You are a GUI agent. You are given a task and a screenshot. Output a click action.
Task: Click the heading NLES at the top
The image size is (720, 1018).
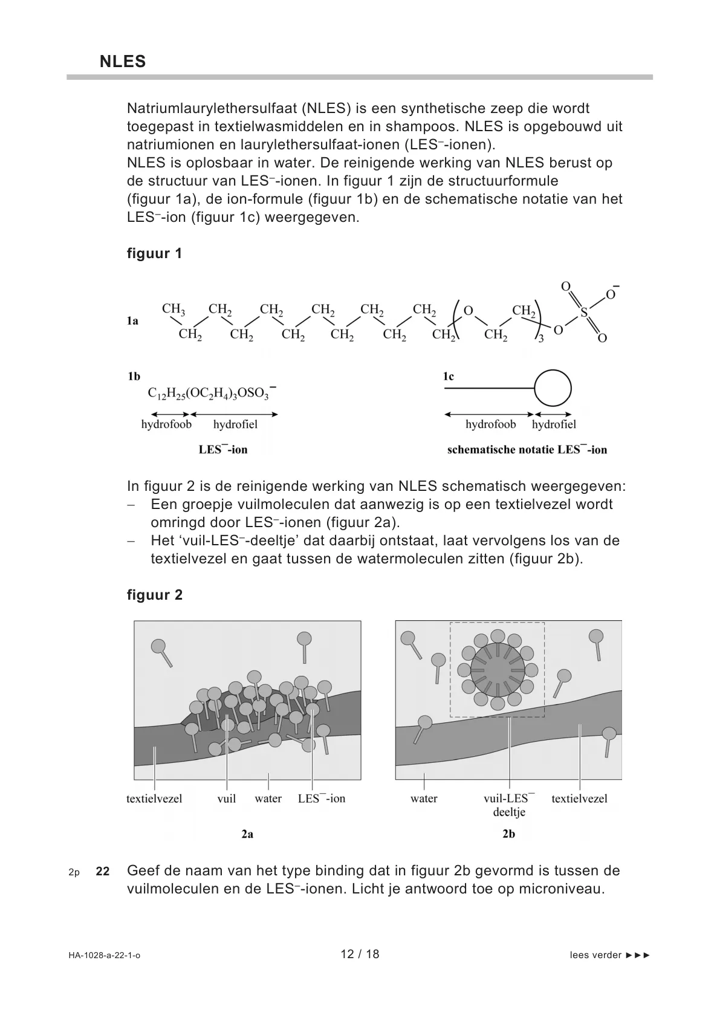click(123, 61)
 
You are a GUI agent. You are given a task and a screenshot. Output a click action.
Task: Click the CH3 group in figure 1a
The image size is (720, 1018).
click(173, 309)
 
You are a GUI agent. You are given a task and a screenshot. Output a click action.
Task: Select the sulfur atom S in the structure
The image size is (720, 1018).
click(584, 313)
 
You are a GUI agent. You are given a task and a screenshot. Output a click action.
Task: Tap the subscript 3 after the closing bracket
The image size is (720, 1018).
click(541, 340)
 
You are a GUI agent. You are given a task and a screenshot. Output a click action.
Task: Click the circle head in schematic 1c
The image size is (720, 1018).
click(553, 387)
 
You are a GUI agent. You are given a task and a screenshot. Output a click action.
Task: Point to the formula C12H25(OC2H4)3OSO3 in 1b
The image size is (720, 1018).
click(212, 393)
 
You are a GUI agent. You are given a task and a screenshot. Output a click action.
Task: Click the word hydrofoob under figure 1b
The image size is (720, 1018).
click(166, 424)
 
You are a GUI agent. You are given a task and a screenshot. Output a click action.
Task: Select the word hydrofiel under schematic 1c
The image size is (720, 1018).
click(554, 424)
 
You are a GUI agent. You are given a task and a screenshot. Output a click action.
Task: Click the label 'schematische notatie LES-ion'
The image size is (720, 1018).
click(527, 450)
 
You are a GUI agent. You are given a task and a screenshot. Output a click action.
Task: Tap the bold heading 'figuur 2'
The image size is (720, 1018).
click(155, 595)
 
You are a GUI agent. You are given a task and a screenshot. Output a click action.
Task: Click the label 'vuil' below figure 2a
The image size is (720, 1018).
click(226, 799)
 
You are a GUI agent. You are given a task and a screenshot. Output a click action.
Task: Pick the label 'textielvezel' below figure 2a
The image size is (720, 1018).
click(154, 799)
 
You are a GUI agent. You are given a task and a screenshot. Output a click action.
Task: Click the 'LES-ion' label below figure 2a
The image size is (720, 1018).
click(322, 798)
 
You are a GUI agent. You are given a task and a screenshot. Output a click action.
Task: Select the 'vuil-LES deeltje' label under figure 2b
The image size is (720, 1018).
click(509, 805)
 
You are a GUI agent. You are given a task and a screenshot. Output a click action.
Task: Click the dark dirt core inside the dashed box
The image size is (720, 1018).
click(498, 670)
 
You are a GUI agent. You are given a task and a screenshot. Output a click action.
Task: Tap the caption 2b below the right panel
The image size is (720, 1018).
click(508, 834)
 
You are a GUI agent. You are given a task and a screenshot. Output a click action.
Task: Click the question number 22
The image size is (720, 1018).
click(103, 871)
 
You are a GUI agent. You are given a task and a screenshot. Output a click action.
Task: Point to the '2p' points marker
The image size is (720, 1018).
click(74, 872)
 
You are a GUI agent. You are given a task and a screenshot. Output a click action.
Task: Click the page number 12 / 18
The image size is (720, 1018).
click(360, 954)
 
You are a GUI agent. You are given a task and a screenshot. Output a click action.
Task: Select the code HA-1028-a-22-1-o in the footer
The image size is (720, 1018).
click(105, 955)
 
